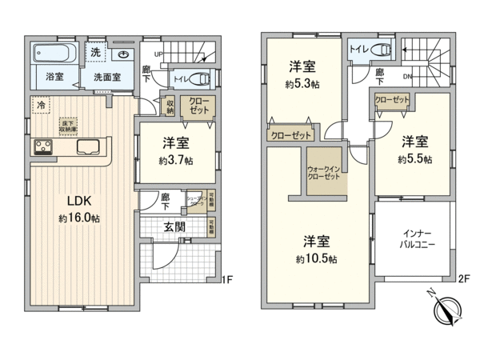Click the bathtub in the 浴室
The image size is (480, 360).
(54, 56)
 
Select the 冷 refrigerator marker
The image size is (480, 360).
(39, 104)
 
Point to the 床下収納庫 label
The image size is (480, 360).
(68, 124)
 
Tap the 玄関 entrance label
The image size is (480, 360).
(174, 226)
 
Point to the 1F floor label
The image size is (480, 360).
(226, 280)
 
